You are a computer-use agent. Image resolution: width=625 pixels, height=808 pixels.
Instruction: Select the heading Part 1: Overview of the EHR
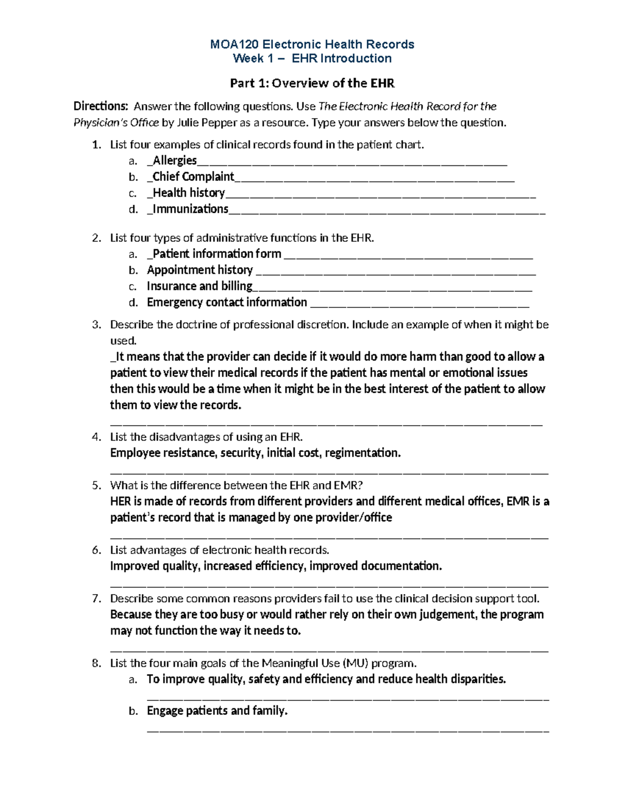tap(312, 83)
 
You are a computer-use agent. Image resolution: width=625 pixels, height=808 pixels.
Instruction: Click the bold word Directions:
tap(100, 107)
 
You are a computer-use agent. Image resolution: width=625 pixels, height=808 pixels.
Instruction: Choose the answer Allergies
tap(174, 161)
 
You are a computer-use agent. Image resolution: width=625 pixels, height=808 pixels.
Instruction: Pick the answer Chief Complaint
tap(193, 177)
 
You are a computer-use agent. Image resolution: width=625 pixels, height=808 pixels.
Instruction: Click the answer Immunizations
tap(190, 209)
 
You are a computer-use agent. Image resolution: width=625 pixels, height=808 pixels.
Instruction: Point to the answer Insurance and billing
tap(199, 286)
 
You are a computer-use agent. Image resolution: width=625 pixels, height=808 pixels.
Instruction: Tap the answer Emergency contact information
tap(227, 302)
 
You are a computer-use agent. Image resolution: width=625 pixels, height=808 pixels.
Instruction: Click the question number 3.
tap(96, 325)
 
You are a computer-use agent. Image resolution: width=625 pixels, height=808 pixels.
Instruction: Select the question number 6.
tap(96, 550)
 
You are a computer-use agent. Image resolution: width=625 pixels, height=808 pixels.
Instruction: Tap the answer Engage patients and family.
tap(217, 711)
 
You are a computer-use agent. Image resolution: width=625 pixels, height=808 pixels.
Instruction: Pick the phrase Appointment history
tap(199, 270)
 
